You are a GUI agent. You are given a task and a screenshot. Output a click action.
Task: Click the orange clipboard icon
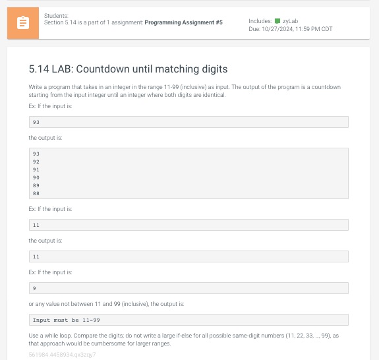(x=23, y=23)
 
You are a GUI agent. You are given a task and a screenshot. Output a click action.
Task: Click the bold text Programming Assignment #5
(x=183, y=22)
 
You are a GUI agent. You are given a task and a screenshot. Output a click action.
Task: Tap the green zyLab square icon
(x=277, y=21)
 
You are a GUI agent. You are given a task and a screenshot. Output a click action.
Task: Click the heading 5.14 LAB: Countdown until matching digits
(x=129, y=69)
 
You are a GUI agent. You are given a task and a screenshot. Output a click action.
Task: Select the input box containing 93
(x=189, y=122)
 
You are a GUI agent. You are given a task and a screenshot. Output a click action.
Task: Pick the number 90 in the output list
(x=36, y=177)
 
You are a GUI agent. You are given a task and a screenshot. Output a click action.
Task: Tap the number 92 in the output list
(x=36, y=162)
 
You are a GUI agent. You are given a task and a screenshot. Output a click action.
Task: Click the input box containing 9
(x=189, y=288)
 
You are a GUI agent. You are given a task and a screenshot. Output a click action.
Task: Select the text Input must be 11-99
(x=66, y=320)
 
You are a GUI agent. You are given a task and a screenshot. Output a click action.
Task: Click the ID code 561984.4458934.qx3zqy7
(x=63, y=355)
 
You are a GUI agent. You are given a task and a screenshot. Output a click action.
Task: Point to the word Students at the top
(x=56, y=16)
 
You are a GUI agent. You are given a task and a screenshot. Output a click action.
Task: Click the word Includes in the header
(x=260, y=21)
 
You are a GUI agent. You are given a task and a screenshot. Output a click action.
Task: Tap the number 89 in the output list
(x=36, y=185)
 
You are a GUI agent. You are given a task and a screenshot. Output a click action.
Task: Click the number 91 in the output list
(x=36, y=169)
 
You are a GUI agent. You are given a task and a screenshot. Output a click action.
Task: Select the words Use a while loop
(x=49, y=336)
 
